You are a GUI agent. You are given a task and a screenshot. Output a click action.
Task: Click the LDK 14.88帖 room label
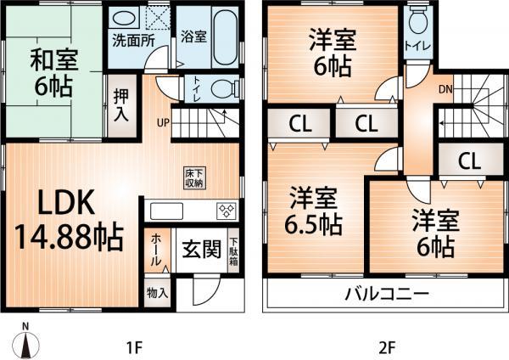[68, 219]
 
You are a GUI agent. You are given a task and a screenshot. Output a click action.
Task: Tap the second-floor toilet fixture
[417, 23]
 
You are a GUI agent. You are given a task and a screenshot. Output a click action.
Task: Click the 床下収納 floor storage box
[193, 177]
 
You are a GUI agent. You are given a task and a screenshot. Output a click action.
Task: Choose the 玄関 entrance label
[202, 251]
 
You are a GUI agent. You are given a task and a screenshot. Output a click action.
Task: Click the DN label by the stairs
[445, 87]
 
